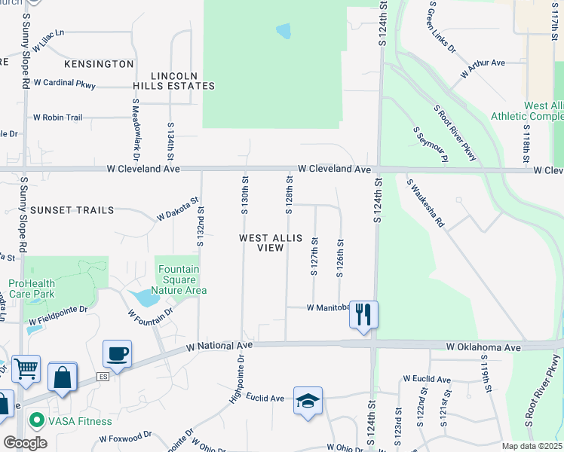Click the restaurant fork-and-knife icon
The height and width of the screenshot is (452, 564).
click(363, 313)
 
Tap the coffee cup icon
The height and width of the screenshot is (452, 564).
click(118, 353)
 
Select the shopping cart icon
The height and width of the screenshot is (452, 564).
click(26, 369)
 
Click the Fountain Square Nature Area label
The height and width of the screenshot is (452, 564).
click(179, 279)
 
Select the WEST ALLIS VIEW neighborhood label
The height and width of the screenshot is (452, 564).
click(271, 243)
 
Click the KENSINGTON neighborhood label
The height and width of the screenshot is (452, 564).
click(99, 64)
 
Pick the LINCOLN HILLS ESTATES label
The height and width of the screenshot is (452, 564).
click(183, 81)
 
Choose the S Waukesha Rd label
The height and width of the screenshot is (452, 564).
click(426, 201)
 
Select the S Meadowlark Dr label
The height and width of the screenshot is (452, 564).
click(136, 129)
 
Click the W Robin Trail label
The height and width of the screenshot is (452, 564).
click(57, 118)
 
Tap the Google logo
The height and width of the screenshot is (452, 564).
click(25, 443)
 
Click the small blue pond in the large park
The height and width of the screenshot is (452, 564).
click(284, 31)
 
